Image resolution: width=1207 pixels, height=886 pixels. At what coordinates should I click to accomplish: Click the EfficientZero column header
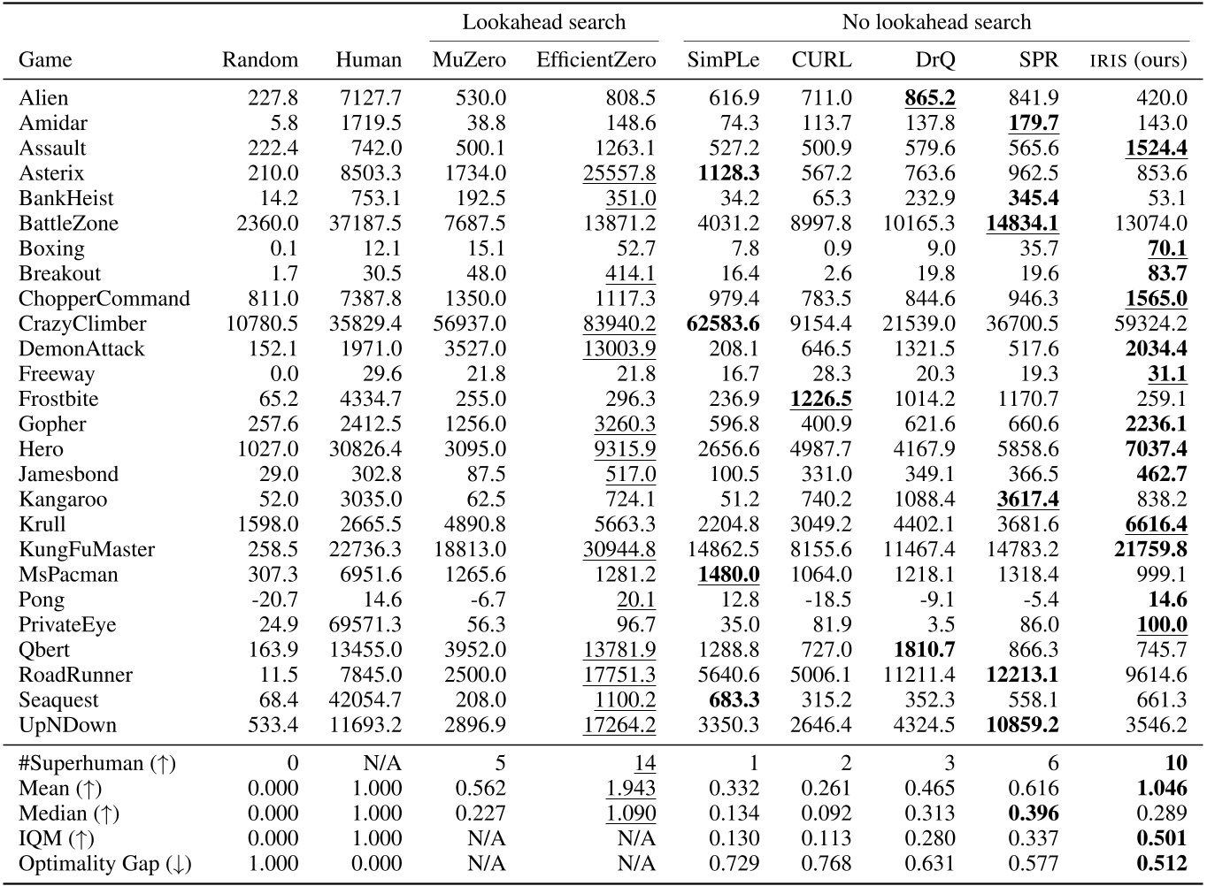point(596,60)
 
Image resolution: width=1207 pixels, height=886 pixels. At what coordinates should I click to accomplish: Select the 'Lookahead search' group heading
point(544,22)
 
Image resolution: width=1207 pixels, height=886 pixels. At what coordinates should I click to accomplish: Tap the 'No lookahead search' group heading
point(936,22)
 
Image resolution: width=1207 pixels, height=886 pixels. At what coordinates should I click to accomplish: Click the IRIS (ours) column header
point(1137,60)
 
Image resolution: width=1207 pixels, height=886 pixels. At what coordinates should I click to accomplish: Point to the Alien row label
point(43,98)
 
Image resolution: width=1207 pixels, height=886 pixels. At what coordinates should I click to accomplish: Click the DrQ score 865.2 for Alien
point(929,98)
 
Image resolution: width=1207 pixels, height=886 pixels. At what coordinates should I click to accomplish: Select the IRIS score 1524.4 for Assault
point(1156,148)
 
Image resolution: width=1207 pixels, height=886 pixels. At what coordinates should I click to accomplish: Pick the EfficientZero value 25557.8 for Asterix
point(619,173)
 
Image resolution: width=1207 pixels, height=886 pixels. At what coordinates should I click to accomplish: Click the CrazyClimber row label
point(82,324)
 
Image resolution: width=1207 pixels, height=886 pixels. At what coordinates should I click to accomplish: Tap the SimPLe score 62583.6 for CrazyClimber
point(722,324)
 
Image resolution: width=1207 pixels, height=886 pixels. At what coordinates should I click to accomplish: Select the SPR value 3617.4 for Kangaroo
point(1027,500)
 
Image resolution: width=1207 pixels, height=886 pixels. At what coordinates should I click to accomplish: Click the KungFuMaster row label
point(87,549)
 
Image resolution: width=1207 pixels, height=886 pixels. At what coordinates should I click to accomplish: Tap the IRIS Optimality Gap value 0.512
point(1161,864)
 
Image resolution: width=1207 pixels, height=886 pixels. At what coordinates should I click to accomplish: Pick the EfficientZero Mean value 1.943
point(631,788)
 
